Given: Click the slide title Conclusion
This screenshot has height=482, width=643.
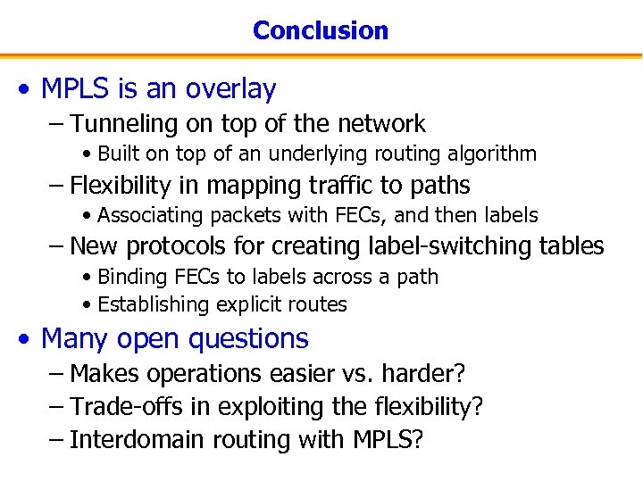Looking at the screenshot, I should click(x=321, y=30).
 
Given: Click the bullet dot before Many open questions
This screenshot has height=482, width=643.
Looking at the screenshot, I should click(x=28, y=339).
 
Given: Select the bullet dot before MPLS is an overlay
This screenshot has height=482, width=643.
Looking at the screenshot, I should click(x=28, y=89).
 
